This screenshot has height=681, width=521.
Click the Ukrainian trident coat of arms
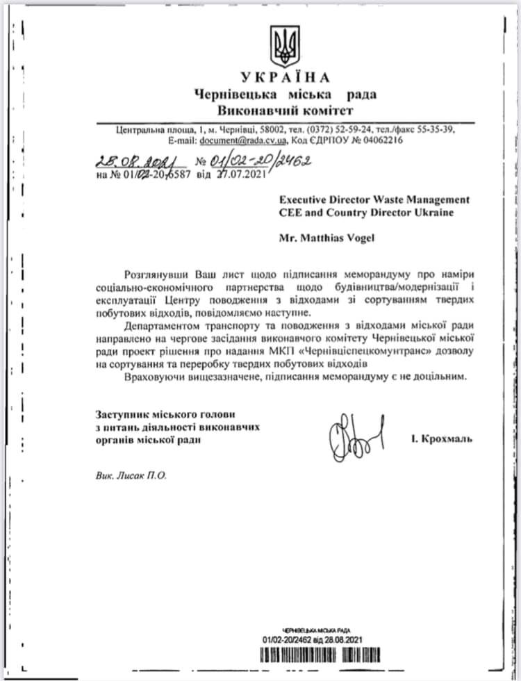point(286,46)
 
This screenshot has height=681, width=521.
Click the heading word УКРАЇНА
point(286,77)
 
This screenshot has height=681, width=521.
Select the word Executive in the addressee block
point(302,199)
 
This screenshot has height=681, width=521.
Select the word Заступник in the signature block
point(119,415)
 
